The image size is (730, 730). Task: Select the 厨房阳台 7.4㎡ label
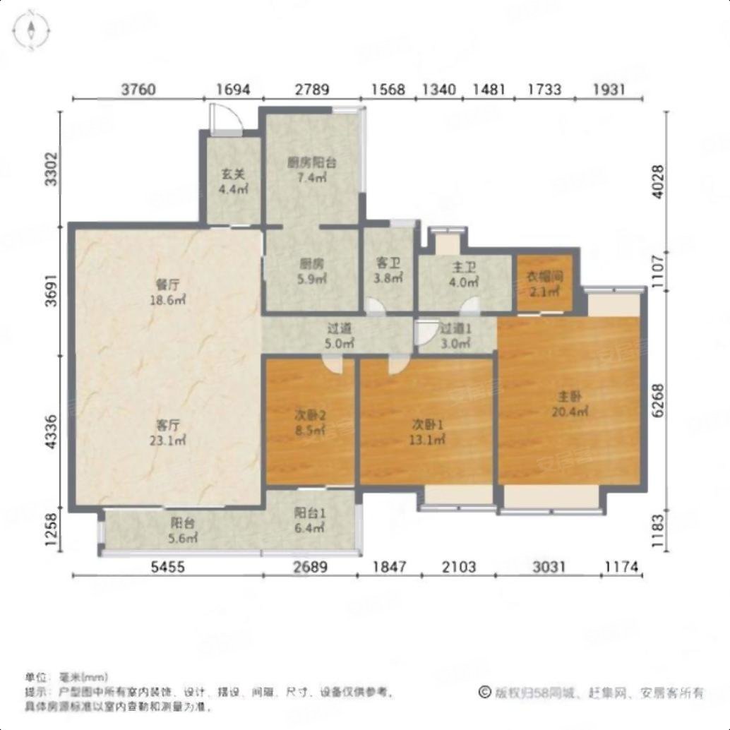[x=311, y=169]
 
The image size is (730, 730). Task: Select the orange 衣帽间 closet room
[x=544, y=283]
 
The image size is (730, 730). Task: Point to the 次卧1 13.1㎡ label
[x=428, y=431]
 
